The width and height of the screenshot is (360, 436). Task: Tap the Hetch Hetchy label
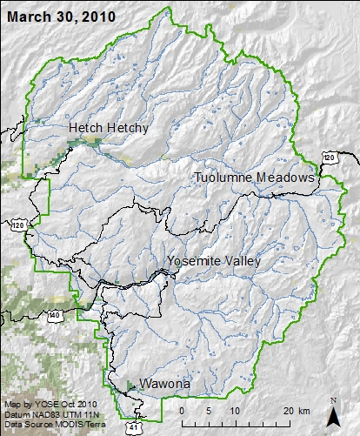(109, 128)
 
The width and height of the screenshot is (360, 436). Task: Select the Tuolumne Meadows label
(253, 178)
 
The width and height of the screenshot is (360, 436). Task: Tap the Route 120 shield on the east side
(328, 157)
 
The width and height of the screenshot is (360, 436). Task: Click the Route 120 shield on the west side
(19, 225)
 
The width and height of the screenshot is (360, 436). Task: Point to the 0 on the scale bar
(182, 411)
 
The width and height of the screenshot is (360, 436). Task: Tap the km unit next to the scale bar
(303, 411)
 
